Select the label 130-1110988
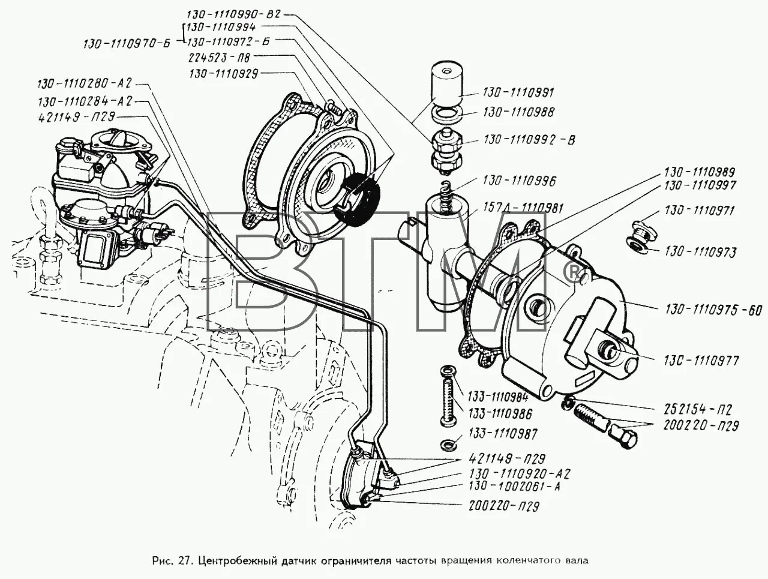point(518,112)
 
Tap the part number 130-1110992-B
point(529,140)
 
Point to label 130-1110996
point(519,181)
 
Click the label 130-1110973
point(700,251)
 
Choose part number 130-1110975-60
point(713,310)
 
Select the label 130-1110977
point(700,361)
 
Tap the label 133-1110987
point(503,434)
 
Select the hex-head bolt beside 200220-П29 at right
point(624,436)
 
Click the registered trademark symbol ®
point(573,274)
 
